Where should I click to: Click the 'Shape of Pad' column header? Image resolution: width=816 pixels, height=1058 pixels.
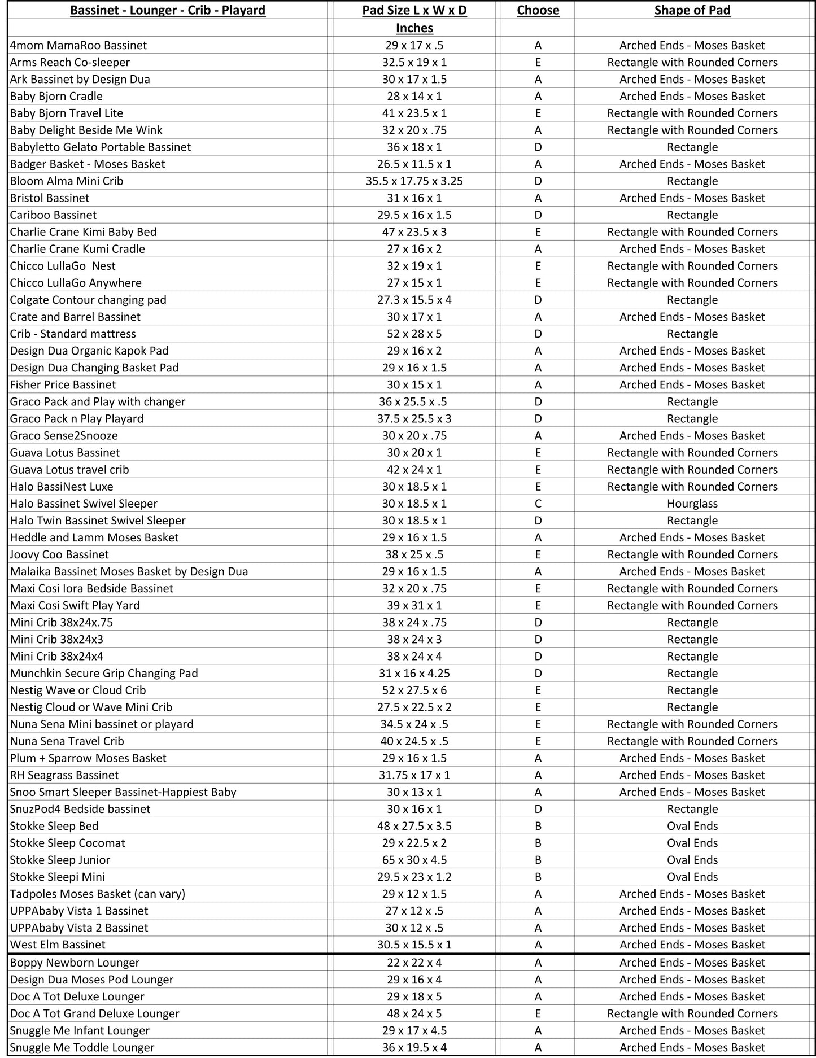pyautogui.click(x=692, y=10)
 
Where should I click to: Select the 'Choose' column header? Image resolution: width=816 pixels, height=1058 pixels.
pyautogui.click(x=538, y=10)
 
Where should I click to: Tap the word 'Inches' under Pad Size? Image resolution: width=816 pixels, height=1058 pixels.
pyautogui.click(x=414, y=28)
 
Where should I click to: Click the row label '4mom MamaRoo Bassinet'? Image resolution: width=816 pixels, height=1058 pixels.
pyautogui.click(x=78, y=45)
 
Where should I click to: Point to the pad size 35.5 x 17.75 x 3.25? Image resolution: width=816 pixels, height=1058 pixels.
pyautogui.click(x=414, y=181)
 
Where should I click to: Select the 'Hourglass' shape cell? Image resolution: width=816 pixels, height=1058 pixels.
pyautogui.click(x=692, y=504)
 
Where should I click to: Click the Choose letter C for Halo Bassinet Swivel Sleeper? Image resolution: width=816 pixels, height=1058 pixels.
pyautogui.click(x=538, y=504)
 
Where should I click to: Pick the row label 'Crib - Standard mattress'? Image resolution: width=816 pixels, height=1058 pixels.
pyautogui.click(x=73, y=334)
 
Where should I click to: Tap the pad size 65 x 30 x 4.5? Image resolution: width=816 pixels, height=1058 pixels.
pyautogui.click(x=414, y=860)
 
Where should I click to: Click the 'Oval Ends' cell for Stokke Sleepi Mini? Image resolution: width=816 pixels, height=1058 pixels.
pyautogui.click(x=692, y=877)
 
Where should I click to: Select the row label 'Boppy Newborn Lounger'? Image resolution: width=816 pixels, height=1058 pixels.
pyautogui.click(x=75, y=963)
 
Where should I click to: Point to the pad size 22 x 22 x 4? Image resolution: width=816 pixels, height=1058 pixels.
pyautogui.click(x=414, y=963)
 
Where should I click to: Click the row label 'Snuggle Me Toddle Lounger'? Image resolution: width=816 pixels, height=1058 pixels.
pyautogui.click(x=82, y=1047)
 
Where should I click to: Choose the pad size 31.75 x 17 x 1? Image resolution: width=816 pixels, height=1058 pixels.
pyautogui.click(x=414, y=775)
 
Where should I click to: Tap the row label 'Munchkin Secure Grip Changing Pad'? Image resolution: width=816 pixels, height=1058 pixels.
pyautogui.click(x=104, y=673)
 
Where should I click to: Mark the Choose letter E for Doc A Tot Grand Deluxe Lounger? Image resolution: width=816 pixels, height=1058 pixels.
pyautogui.click(x=538, y=1013)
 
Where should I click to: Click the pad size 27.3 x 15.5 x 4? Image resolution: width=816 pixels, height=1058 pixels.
pyautogui.click(x=414, y=300)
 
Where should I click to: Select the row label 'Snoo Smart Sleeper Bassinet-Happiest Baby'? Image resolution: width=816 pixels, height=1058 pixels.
pyautogui.click(x=123, y=792)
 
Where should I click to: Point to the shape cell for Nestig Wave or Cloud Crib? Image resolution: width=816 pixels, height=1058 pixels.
pyautogui.click(x=692, y=690)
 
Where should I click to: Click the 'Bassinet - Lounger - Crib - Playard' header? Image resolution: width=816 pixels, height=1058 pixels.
pyautogui.click(x=168, y=10)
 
